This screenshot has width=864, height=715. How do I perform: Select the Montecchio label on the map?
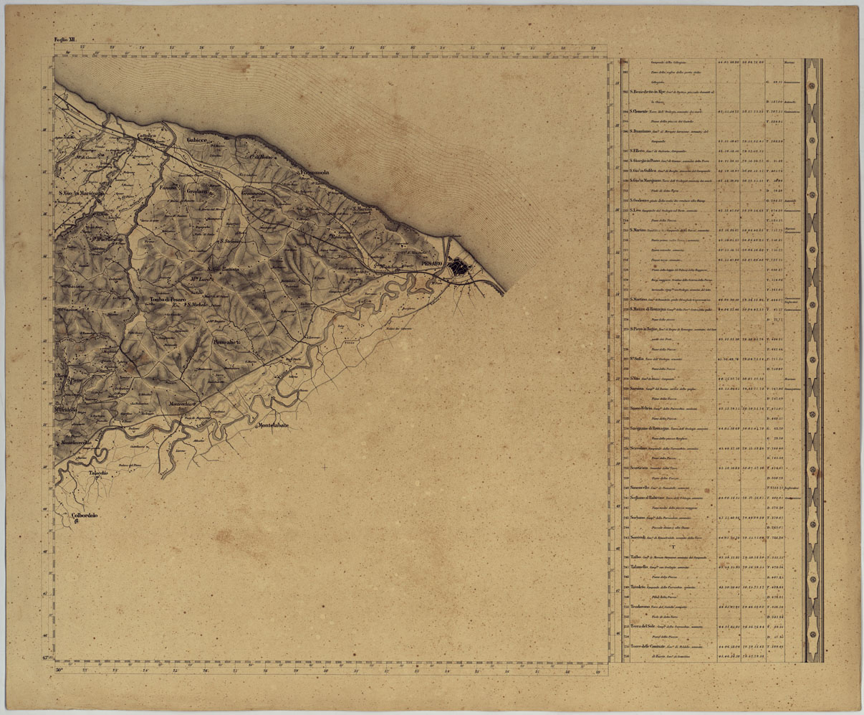(x=182, y=405)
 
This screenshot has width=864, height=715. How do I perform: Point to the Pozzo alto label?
(x=230, y=344)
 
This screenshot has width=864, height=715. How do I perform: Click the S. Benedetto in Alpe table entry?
(x=649, y=93)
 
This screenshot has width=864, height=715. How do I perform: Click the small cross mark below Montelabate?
(x=324, y=467)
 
